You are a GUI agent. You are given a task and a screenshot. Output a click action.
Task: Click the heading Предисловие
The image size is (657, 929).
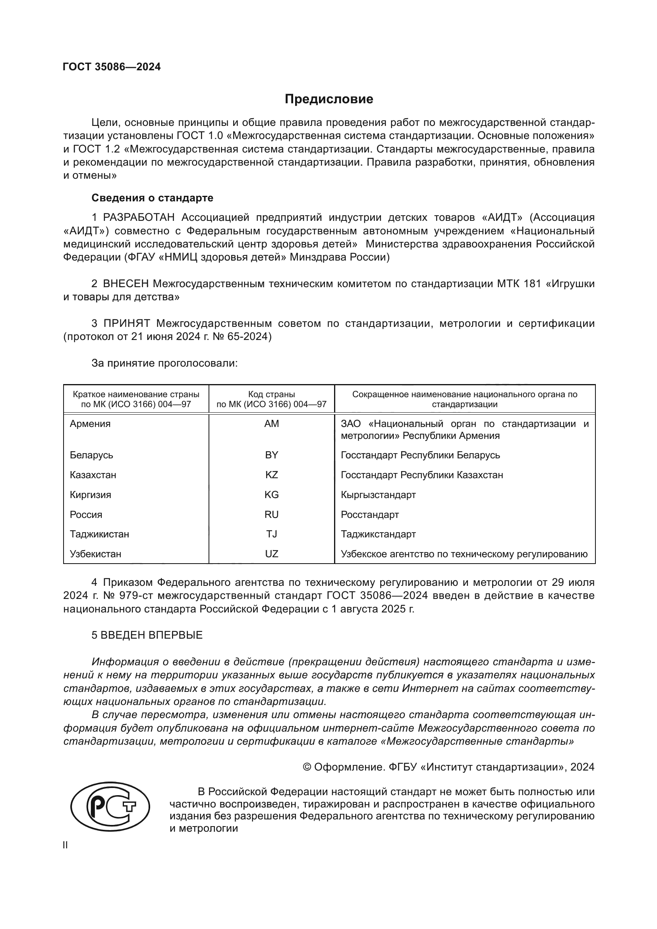click(328, 99)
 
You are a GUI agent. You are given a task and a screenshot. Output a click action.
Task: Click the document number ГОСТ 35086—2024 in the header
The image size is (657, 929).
click(112, 67)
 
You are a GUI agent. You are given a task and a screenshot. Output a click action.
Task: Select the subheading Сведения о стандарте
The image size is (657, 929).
click(152, 198)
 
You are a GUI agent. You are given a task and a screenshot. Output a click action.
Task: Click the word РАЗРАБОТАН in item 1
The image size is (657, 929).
click(139, 218)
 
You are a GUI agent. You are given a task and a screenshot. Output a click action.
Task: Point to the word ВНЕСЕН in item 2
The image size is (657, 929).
click(126, 284)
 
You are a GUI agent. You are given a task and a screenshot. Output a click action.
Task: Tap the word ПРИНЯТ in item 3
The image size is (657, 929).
click(127, 323)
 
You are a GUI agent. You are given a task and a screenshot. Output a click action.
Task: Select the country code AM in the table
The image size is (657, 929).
click(271, 424)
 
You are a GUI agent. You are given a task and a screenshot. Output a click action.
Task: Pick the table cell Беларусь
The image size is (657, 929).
click(91, 455)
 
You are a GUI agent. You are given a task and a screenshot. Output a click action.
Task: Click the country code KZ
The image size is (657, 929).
click(271, 475)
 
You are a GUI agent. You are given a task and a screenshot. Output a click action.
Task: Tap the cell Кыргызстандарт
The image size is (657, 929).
click(378, 495)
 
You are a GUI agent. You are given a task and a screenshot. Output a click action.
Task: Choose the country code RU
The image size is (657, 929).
click(271, 515)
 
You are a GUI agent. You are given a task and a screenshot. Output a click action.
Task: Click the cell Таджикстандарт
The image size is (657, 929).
click(378, 534)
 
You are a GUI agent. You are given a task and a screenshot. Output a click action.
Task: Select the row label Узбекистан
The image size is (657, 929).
click(95, 554)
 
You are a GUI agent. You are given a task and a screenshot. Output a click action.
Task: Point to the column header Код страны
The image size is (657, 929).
click(271, 394)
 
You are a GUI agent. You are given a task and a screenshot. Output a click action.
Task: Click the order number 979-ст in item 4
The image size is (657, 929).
click(135, 596)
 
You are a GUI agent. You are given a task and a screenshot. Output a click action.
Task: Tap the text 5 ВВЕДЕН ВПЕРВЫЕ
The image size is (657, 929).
click(147, 635)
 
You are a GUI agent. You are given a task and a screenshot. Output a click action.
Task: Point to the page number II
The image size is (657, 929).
click(66, 845)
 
